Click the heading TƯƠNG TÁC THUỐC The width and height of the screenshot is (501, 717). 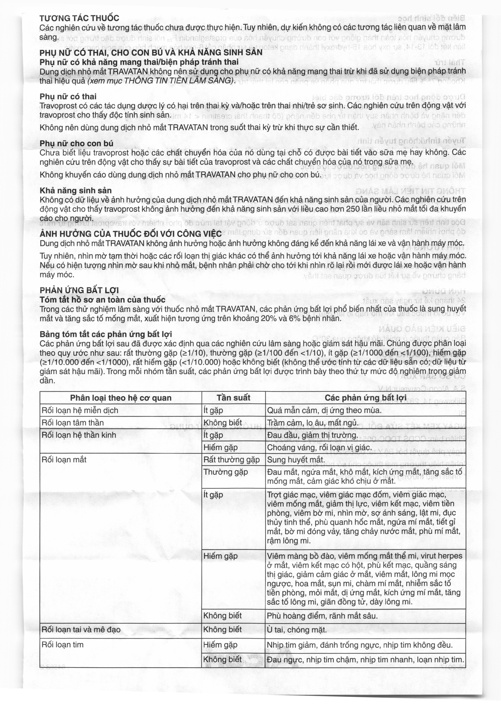point(79,18)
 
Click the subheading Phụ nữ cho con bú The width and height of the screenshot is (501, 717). point(76,143)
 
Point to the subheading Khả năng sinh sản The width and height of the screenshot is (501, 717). point(76,190)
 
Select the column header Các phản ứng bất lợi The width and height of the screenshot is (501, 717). point(365,397)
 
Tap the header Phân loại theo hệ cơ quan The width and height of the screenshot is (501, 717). point(121,397)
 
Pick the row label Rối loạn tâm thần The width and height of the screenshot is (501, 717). point(73,422)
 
